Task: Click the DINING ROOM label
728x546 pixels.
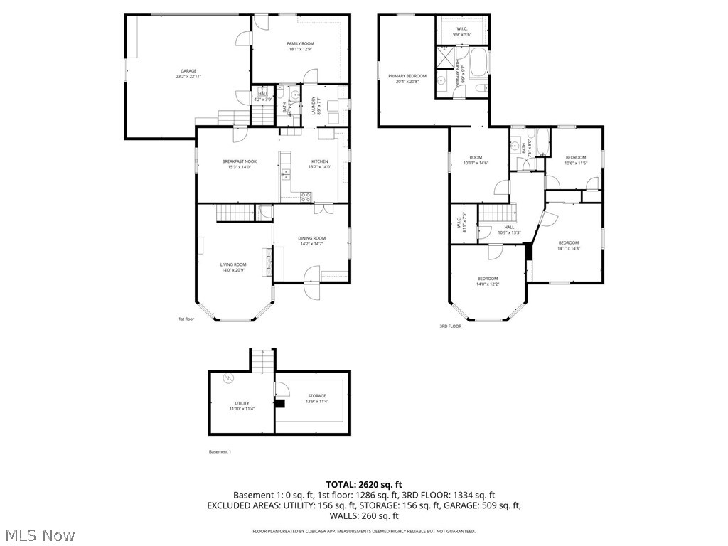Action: click(311, 241)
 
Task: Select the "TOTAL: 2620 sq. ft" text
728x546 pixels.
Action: click(364, 484)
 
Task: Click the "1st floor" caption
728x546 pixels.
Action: click(186, 319)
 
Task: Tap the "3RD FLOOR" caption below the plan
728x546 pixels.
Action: click(450, 326)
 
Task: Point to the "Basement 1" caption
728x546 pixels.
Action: click(220, 452)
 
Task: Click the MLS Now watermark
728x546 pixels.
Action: click(39, 535)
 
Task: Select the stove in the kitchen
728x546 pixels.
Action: click(306, 196)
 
